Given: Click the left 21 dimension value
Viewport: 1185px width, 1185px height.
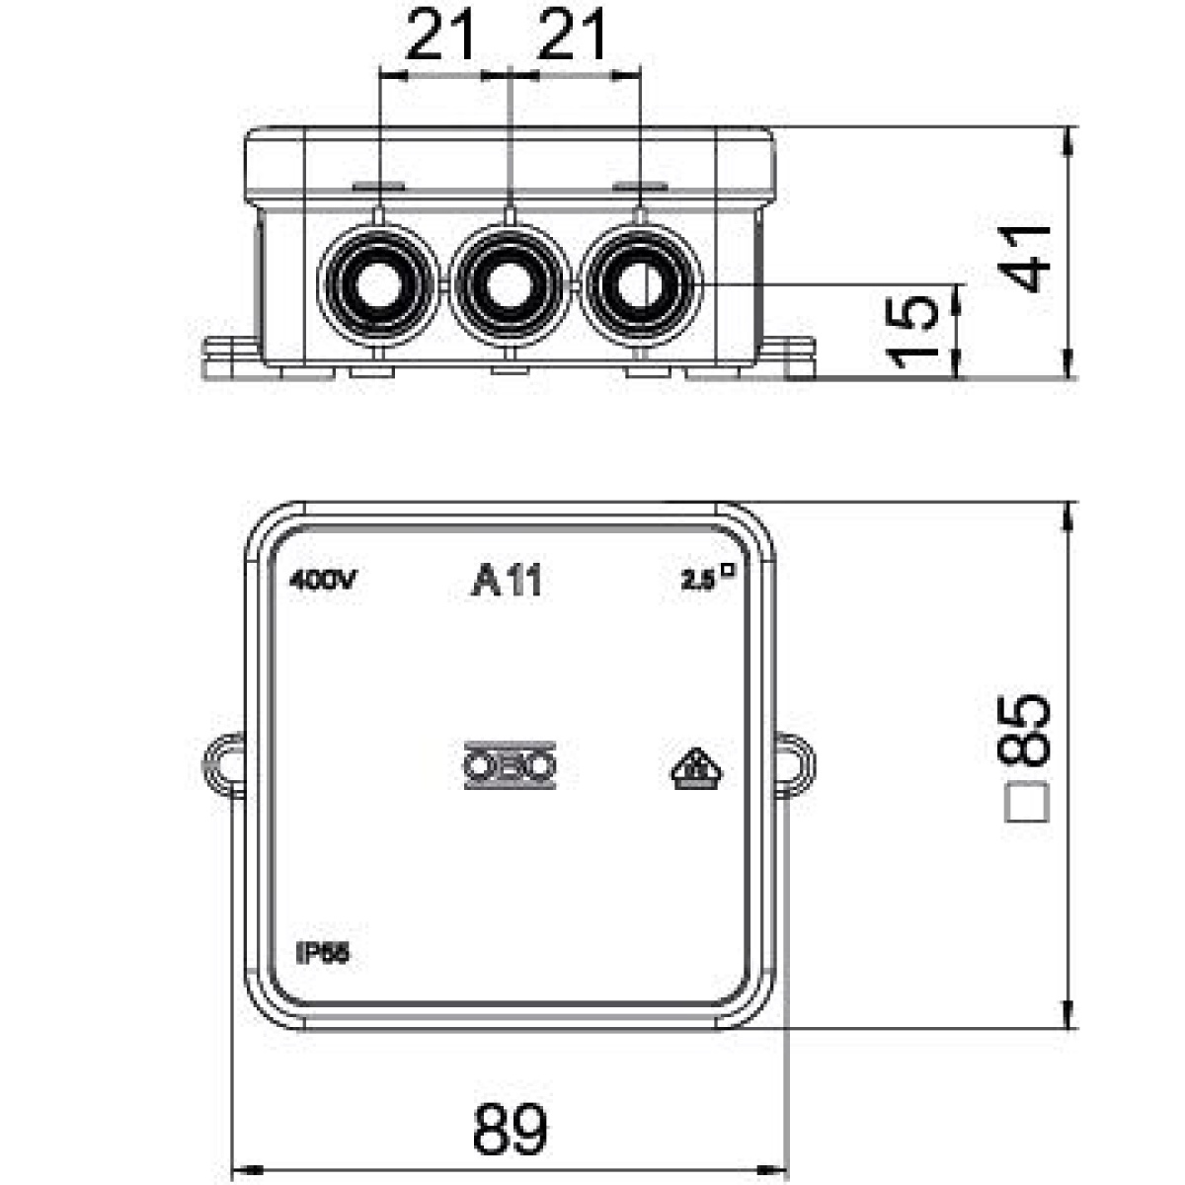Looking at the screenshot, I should [441, 39].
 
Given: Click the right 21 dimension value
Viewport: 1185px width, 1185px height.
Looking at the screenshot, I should [572, 39].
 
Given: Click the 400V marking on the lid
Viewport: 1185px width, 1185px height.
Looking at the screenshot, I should [322, 582].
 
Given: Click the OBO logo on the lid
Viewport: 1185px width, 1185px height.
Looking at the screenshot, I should [510, 765].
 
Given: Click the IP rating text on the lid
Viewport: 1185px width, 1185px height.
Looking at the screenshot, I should [322, 953].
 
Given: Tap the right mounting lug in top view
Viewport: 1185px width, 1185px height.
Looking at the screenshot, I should [796, 765].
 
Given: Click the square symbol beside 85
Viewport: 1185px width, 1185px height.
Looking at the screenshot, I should [1027, 803].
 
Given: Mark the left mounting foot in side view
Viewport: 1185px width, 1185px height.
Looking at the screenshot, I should [230, 358].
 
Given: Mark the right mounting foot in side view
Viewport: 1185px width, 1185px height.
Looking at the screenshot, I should [788, 358].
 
